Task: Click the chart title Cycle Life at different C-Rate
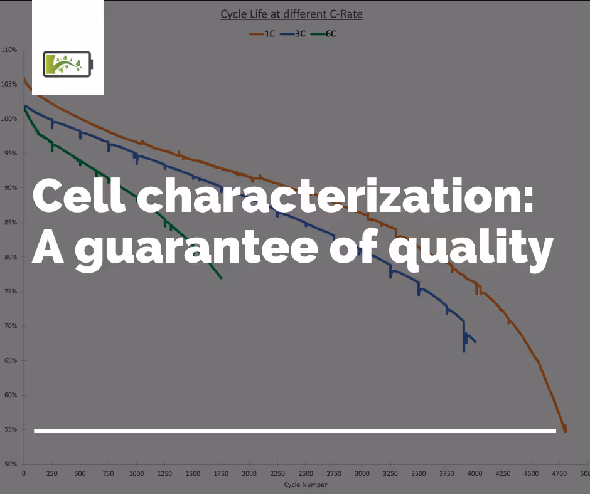pos(291,14)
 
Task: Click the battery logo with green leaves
pos(67,64)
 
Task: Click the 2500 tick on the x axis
pos(305,474)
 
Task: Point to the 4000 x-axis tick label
pos(475,474)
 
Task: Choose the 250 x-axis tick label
pos(51,474)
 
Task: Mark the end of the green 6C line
pos(221,278)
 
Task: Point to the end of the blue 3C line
pos(475,342)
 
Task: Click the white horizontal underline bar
pos(295,431)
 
